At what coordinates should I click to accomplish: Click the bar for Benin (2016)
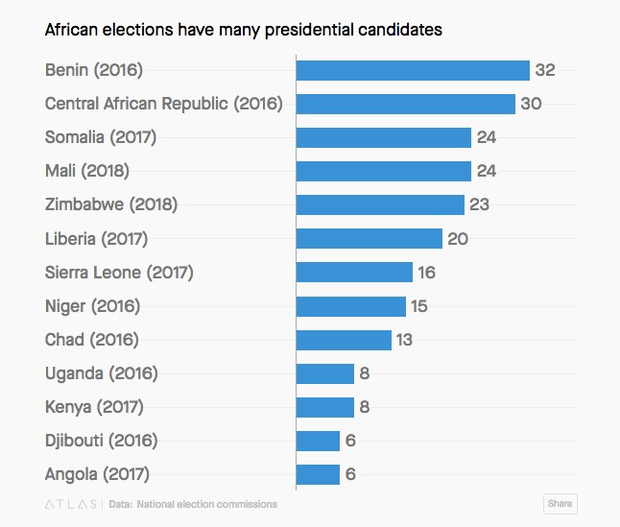[413, 70]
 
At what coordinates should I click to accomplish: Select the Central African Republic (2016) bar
[406, 104]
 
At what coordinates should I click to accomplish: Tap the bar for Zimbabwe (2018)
[380, 204]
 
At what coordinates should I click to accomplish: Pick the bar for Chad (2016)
[344, 340]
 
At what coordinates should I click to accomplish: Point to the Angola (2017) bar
[318, 474]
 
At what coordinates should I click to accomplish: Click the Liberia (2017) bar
[370, 238]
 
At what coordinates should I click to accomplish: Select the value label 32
[545, 70]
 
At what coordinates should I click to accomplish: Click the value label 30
[532, 104]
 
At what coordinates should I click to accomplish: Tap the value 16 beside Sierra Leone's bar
[426, 273]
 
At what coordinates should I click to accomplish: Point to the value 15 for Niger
[418, 306]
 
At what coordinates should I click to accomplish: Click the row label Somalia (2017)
[101, 137]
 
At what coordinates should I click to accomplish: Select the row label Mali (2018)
[87, 171]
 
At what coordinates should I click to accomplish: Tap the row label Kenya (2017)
[94, 407]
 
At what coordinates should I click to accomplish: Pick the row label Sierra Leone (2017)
[119, 273]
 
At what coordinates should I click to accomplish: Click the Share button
[560, 503]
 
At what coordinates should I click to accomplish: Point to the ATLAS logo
[71, 504]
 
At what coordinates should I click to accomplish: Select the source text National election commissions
[206, 504]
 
